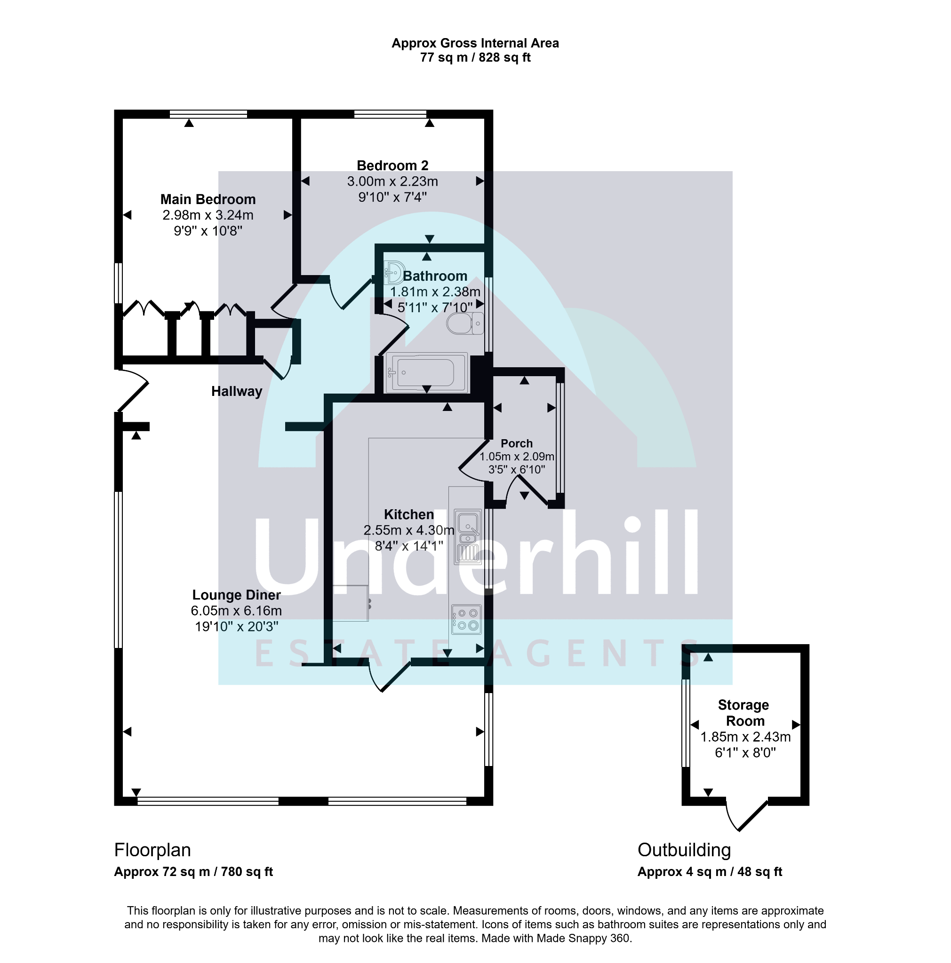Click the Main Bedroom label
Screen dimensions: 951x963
tap(208, 199)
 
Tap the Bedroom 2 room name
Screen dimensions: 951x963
tap(392, 166)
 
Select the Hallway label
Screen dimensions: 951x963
tap(236, 391)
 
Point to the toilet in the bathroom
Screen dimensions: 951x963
tap(465, 324)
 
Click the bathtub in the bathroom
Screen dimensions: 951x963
tap(426, 372)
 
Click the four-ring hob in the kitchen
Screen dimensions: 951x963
tap(466, 619)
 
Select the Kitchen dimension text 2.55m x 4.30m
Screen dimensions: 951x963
tap(408, 530)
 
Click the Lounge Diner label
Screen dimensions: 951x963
tap(236, 595)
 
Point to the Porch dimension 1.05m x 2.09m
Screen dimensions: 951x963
tap(516, 457)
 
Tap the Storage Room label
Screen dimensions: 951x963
tap(743, 713)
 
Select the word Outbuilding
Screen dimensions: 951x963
tap(684, 850)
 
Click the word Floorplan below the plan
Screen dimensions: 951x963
tap(152, 850)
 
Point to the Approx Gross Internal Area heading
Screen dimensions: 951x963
tap(475, 43)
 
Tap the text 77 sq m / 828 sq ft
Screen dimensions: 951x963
tap(475, 58)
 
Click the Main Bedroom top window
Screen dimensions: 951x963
tap(208, 114)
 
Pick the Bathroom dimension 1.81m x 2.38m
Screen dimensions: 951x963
tap(434, 292)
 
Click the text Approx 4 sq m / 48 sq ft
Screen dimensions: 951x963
tap(710, 872)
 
